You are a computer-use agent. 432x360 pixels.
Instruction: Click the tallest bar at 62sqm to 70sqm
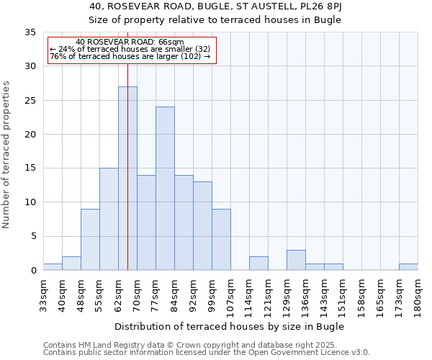(x=127, y=179)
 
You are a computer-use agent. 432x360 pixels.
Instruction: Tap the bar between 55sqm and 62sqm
(x=109, y=219)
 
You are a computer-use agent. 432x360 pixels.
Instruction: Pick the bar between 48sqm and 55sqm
(x=90, y=240)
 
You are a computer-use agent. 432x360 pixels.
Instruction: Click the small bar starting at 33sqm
(x=53, y=266)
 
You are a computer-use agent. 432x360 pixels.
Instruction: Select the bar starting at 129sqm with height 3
(x=296, y=260)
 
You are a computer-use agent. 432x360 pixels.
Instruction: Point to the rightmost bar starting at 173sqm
(x=408, y=266)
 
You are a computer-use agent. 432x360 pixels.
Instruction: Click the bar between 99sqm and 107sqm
(x=221, y=240)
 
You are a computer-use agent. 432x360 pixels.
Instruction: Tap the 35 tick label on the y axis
(x=30, y=32)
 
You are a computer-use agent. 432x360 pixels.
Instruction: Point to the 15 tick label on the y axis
(x=30, y=168)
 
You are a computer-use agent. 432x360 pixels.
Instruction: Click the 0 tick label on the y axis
(x=33, y=271)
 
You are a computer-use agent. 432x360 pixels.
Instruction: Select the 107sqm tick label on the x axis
(x=230, y=296)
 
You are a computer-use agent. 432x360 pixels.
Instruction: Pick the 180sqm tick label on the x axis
(x=418, y=296)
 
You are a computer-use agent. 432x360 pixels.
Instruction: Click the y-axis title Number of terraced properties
(x=7, y=155)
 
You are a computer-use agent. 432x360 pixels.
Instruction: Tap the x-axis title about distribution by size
(x=229, y=326)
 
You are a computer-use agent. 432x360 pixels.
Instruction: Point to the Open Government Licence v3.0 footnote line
(x=207, y=353)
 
